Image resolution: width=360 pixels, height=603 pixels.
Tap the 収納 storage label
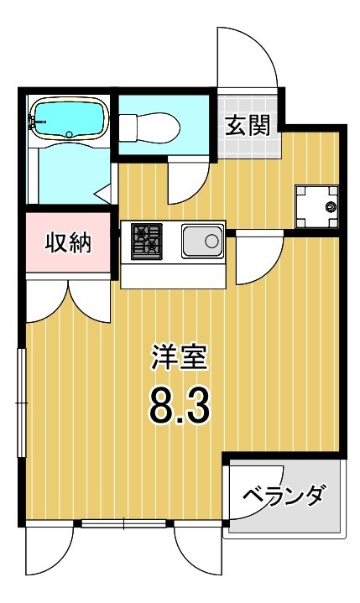click(68, 243)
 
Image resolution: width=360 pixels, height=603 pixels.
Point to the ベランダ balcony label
click(284, 496)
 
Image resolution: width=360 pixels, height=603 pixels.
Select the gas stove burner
click(146, 241)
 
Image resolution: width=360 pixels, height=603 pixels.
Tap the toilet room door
click(187, 180)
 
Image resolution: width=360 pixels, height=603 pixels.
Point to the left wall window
click(22, 403)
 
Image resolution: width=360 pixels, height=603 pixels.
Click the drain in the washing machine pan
click(330, 205)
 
